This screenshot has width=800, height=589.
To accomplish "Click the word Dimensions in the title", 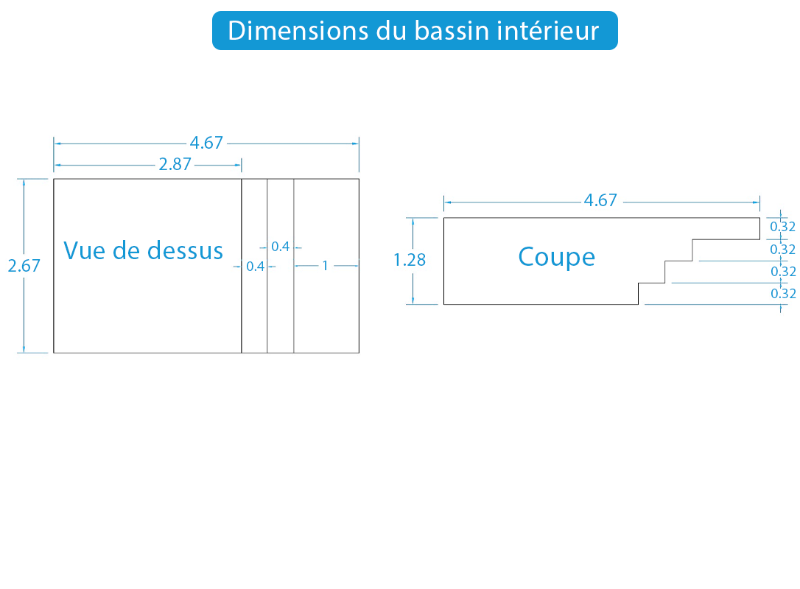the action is coord(298,31).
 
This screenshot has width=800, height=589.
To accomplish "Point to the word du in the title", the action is coord(392,31).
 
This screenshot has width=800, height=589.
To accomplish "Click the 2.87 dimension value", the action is coord(175,164).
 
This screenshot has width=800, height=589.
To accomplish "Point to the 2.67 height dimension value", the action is coord(24,266).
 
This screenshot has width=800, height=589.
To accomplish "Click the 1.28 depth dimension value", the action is coord(410,260).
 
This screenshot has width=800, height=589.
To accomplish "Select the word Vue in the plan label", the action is coord(84,250).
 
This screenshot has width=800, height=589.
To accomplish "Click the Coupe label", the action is coord(557,257).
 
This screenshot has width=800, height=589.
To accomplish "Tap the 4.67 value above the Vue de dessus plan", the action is coord(207,143).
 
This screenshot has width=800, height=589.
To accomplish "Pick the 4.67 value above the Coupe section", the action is coord(600,200).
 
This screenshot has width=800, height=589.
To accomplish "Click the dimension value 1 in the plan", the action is coord(325,266).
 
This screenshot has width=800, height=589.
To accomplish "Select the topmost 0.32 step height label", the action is coord(782,227).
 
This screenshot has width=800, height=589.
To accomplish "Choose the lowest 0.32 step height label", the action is coord(783,293).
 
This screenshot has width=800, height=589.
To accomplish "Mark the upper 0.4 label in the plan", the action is coord(280,247).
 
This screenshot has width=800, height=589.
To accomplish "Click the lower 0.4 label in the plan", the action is coord(256,267).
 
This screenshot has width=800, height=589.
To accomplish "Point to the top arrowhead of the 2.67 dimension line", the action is coord(24,182).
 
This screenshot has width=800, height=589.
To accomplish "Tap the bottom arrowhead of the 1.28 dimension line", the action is coord(413,301).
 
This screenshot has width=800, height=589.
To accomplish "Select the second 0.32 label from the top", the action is coord(782,250).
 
